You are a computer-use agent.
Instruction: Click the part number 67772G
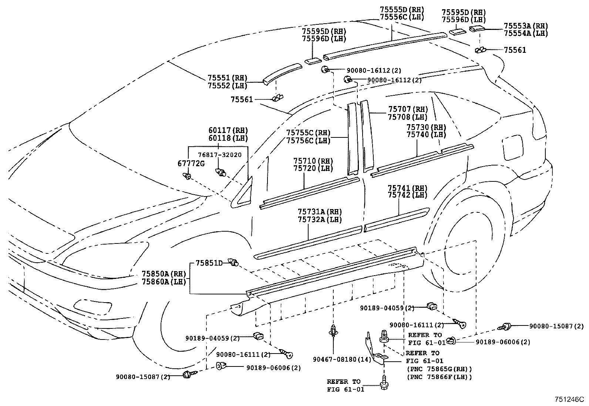(191, 164)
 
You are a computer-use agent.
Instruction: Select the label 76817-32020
(219, 155)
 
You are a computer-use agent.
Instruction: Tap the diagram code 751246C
(569, 399)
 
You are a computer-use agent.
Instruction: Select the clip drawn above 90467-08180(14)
(334, 329)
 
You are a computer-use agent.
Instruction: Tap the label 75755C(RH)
(308, 133)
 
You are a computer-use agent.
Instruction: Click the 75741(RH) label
(407, 188)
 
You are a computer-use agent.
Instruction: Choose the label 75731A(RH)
(320, 212)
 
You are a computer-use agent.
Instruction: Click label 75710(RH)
(313, 161)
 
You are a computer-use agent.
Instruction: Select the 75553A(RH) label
(525, 25)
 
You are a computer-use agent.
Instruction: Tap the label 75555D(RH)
(401, 10)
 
